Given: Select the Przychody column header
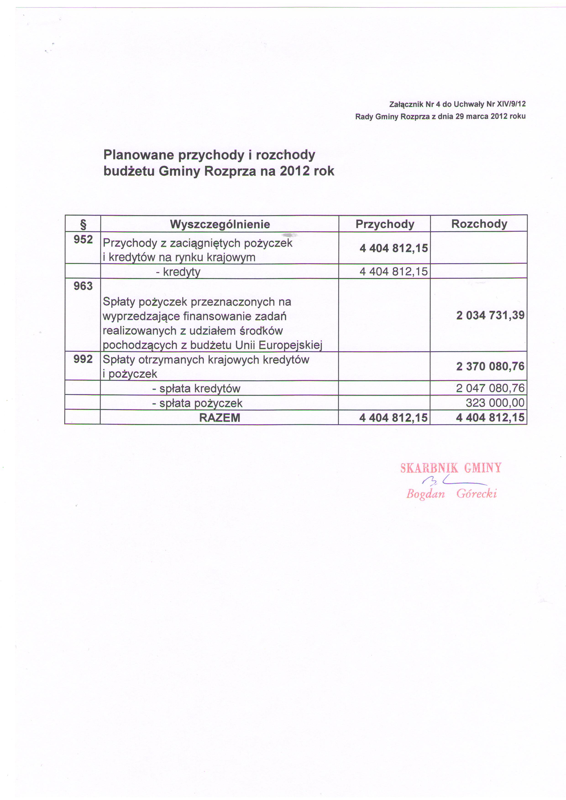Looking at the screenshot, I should pyautogui.click(x=385, y=224).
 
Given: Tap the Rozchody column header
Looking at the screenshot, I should pyautogui.click(x=479, y=224).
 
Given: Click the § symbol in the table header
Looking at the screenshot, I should pyautogui.click(x=83, y=224).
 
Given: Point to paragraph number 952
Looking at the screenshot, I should pyautogui.click(x=83, y=240).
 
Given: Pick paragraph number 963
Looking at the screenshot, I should pyautogui.click(x=83, y=286).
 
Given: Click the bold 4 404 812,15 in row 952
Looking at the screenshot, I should pyautogui.click(x=393, y=248).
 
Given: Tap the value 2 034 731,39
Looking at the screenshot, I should pyautogui.click(x=490, y=315).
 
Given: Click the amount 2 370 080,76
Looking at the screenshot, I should pyautogui.click(x=490, y=366).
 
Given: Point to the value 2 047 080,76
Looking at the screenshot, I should pyautogui.click(x=490, y=388).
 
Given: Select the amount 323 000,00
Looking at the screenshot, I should pyautogui.click(x=495, y=403).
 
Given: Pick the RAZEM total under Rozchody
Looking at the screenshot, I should pyautogui.click(x=490, y=417).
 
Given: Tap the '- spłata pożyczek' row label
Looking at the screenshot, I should pyautogui.click(x=197, y=403).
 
